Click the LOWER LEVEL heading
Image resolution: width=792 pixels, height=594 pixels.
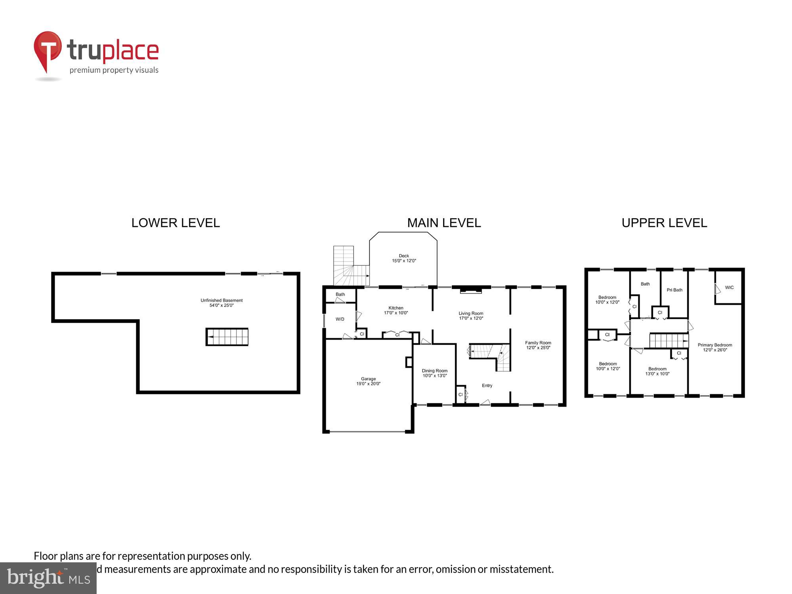coord(175,223)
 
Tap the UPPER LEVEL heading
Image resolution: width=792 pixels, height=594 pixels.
coord(664,223)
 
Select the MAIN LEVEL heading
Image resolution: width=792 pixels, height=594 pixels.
coord(444,223)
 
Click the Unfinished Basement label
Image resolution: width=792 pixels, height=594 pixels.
coord(221,303)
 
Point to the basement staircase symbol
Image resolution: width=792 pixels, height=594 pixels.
coord(227,337)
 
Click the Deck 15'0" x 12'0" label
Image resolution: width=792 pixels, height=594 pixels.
coord(404,258)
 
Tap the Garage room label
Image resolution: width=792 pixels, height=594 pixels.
coord(368,381)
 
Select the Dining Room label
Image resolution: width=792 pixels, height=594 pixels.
coord(434,373)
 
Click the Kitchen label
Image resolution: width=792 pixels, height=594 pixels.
coord(396,310)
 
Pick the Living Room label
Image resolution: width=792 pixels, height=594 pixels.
coord(471,316)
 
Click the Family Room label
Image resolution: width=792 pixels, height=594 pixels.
coord(538,345)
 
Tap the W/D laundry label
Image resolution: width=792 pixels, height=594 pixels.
coord(340,319)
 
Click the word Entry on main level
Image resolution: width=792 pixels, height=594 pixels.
coord(487,386)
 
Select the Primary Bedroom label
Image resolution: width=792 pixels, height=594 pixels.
coord(715,347)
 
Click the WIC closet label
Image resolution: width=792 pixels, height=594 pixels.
coord(729,287)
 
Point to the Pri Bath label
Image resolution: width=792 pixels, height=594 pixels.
coord(674,290)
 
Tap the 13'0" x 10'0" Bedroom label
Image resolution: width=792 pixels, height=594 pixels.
coord(657,371)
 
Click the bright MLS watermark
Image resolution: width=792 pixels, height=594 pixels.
coord(48,578)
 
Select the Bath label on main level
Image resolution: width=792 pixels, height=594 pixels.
coord(340,294)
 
